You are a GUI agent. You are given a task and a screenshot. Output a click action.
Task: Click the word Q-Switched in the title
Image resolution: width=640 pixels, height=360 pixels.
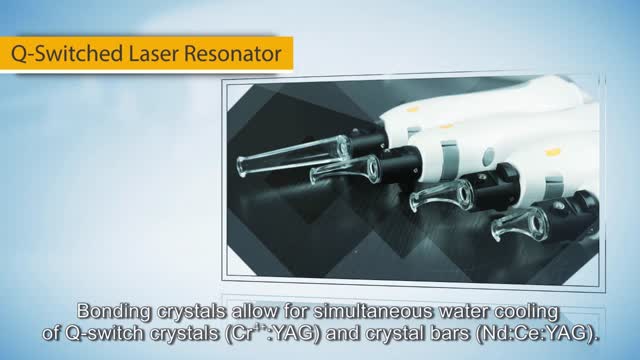pyautogui.click(x=67, y=54)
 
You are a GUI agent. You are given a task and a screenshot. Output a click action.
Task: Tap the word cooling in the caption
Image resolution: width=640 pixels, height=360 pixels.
pyautogui.click(x=527, y=312)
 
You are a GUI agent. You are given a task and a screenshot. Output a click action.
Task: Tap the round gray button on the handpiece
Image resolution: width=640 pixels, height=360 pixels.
pyautogui.click(x=489, y=156)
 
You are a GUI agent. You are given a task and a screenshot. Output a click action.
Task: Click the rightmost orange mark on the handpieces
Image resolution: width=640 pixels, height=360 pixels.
pyautogui.click(x=553, y=153)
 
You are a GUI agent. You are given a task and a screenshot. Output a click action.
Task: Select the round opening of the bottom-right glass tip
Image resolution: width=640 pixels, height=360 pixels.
pyautogui.click(x=534, y=223)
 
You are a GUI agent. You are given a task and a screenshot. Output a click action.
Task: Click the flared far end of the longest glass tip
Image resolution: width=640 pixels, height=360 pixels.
pyautogui.click(x=242, y=167)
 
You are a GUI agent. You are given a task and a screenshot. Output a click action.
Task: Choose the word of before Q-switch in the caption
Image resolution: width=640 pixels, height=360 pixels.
pyautogui.click(x=51, y=334)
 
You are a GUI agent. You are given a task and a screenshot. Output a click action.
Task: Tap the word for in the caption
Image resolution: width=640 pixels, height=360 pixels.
pyautogui.click(x=296, y=311)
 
